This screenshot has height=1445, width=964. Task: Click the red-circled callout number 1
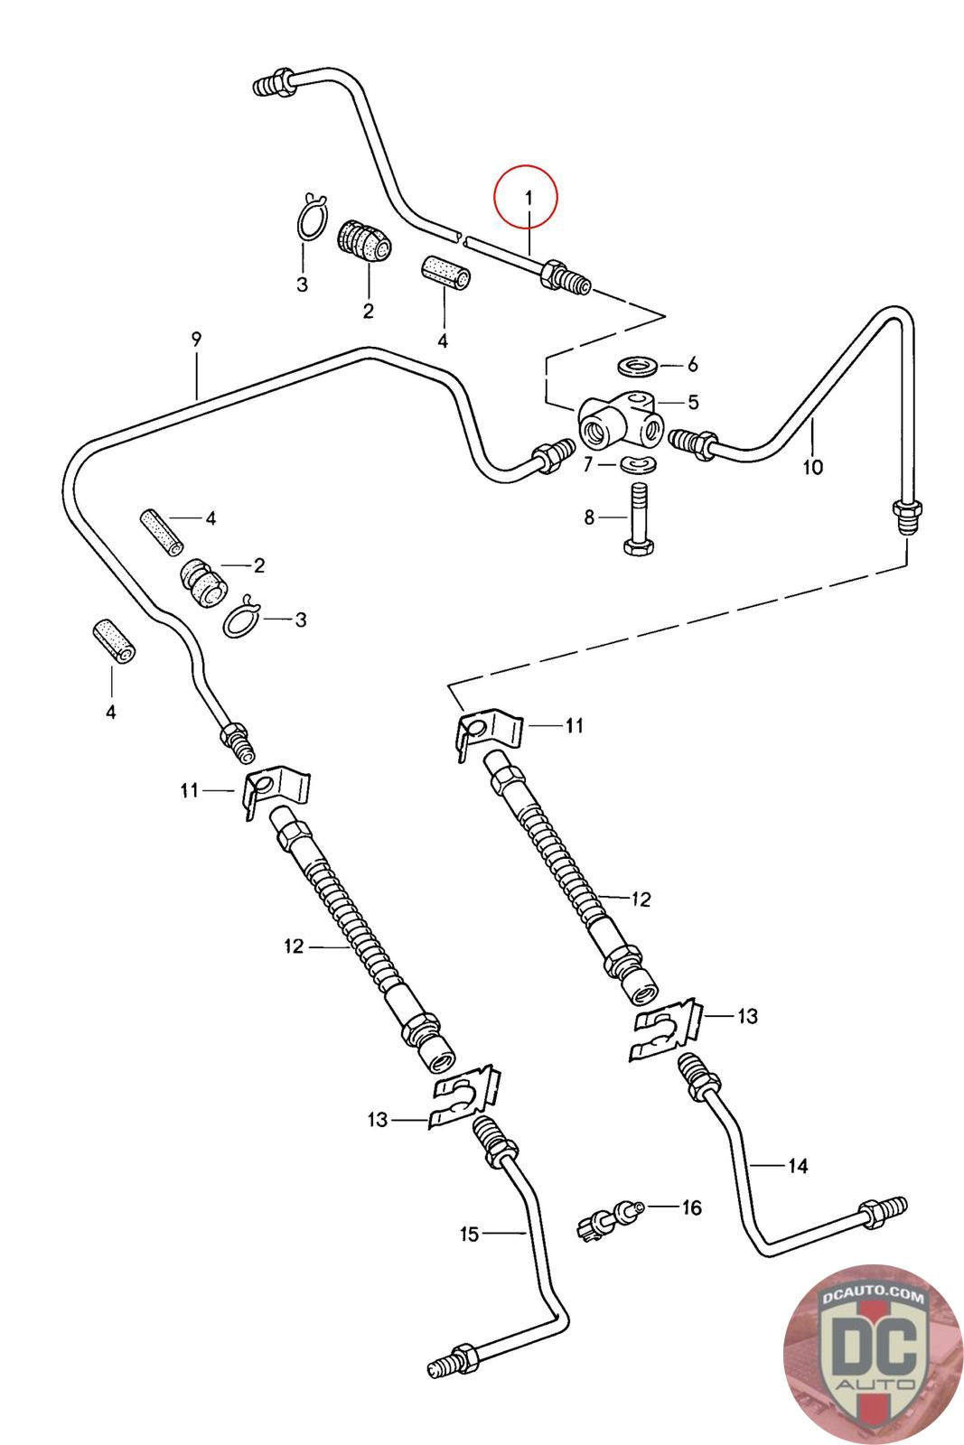pyautogui.click(x=529, y=197)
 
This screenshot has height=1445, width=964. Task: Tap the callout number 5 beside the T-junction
pyautogui.click(x=693, y=401)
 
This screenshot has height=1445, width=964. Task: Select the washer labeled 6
pyautogui.click(x=639, y=365)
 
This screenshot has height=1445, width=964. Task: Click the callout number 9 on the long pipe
pyautogui.click(x=196, y=340)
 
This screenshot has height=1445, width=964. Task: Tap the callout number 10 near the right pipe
pyautogui.click(x=813, y=467)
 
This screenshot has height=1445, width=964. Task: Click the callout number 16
pyautogui.click(x=691, y=1207)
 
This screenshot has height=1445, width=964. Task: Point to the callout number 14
pyautogui.click(x=798, y=1166)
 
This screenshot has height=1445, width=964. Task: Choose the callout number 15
pyautogui.click(x=469, y=1234)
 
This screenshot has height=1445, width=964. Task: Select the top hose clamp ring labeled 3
pyautogui.click(x=312, y=219)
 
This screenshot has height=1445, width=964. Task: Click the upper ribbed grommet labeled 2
pyautogui.click(x=365, y=242)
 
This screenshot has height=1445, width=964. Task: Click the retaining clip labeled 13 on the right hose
pyautogui.click(x=667, y=1032)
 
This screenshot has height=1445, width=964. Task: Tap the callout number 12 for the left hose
pyautogui.click(x=294, y=946)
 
